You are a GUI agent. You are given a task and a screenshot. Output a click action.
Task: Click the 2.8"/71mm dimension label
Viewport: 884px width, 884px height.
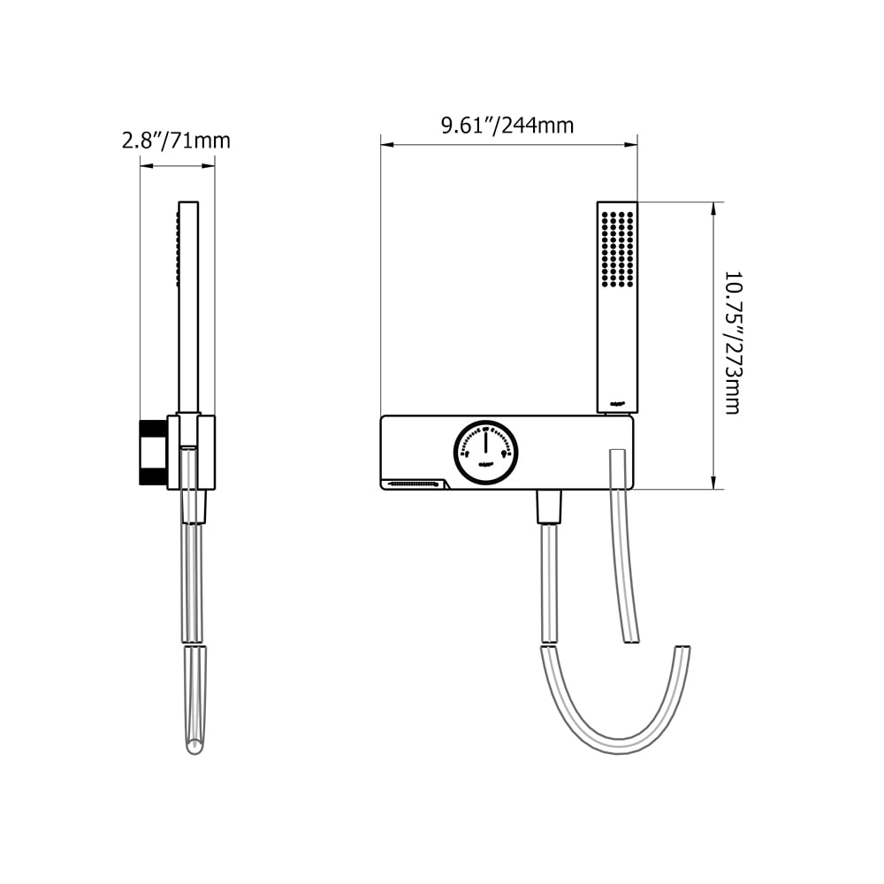click(176, 140)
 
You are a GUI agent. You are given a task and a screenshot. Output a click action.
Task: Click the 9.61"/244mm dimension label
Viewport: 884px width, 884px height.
click(507, 126)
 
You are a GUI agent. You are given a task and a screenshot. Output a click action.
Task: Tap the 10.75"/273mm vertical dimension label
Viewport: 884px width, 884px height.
click(732, 343)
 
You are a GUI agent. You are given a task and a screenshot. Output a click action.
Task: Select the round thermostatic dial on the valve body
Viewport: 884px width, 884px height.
click(485, 452)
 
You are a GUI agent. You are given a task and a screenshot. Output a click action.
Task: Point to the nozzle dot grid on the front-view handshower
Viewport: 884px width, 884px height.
click(616, 248)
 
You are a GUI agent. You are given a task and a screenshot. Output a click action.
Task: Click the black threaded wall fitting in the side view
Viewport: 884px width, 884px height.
click(153, 453)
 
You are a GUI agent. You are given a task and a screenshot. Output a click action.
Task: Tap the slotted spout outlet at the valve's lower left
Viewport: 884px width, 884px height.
click(414, 484)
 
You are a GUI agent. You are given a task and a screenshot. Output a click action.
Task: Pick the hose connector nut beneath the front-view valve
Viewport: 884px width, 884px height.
click(548, 507)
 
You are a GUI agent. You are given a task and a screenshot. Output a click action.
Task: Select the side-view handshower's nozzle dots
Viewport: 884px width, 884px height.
click(178, 248)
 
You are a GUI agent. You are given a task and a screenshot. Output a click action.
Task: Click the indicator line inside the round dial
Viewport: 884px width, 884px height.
click(485, 443)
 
